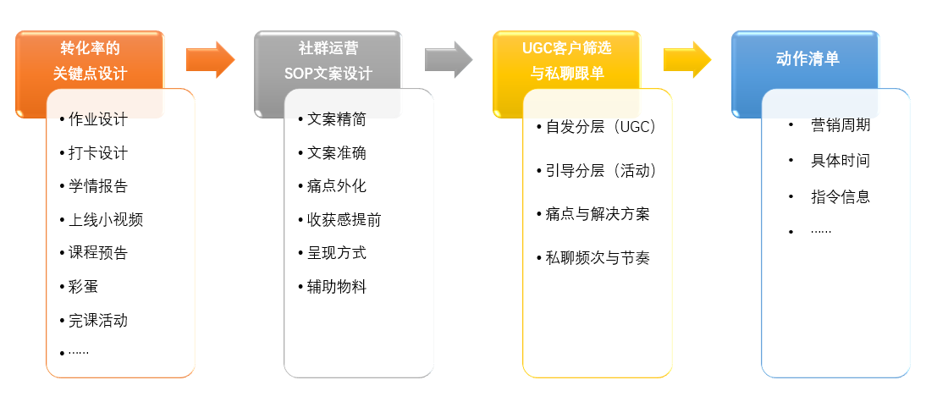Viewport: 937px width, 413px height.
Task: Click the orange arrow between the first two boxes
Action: [x=209, y=59]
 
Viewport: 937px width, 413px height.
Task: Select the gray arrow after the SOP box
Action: [x=448, y=59]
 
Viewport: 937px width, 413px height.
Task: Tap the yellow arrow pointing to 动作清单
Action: [x=686, y=59]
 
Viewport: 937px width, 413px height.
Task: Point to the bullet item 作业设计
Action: [x=98, y=119]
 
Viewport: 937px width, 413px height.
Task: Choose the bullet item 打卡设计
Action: [x=98, y=153]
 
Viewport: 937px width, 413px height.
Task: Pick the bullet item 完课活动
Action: [x=98, y=321]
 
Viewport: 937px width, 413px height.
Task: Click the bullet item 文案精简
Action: [x=337, y=119]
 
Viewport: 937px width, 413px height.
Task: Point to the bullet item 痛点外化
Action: [x=337, y=186]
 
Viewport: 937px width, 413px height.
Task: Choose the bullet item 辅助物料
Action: [x=337, y=287]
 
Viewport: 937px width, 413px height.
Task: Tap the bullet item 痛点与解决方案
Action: [x=598, y=214]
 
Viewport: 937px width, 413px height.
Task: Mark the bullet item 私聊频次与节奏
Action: [x=598, y=258]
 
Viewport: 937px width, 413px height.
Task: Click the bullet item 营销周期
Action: [x=841, y=125]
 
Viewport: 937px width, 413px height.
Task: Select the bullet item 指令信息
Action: [x=841, y=197]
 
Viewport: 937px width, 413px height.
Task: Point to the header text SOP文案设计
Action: [x=328, y=74]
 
